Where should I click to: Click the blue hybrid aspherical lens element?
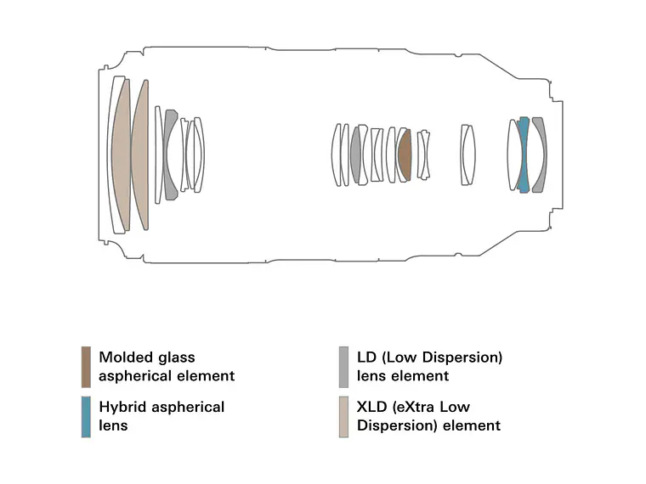tap(524, 155)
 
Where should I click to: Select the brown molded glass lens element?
tap(405, 155)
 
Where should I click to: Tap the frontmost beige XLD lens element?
tap(121, 155)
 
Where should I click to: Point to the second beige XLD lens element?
tap(140, 155)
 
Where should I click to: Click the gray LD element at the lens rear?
tap(540, 155)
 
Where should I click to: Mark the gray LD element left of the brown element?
tap(355, 155)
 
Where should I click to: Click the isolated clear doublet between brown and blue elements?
tap(467, 155)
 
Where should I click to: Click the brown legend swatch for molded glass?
tap(86, 367)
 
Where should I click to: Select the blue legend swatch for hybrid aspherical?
tap(86, 416)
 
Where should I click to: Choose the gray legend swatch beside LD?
tap(343, 367)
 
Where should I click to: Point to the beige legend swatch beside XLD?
tap(343, 416)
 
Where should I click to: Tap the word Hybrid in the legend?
tap(122, 407)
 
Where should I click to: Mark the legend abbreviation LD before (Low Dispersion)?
tap(367, 357)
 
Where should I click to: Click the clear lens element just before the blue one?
tap(513, 155)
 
